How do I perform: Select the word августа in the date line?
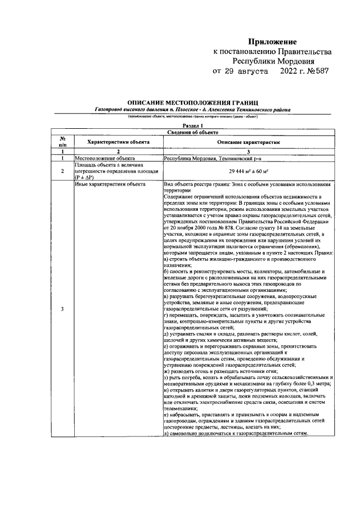pyautogui.click(x=252, y=71)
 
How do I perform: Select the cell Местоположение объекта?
pyautogui.click(x=102, y=159)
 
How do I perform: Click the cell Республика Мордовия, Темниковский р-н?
pyautogui.click(x=207, y=159)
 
